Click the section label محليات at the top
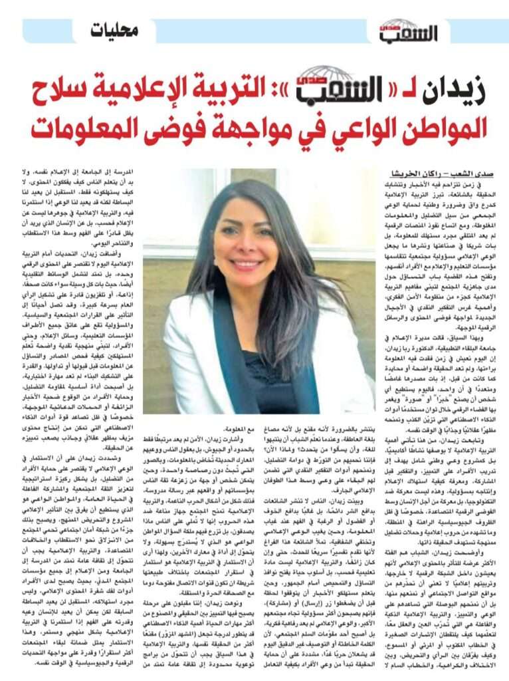[115, 30]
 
